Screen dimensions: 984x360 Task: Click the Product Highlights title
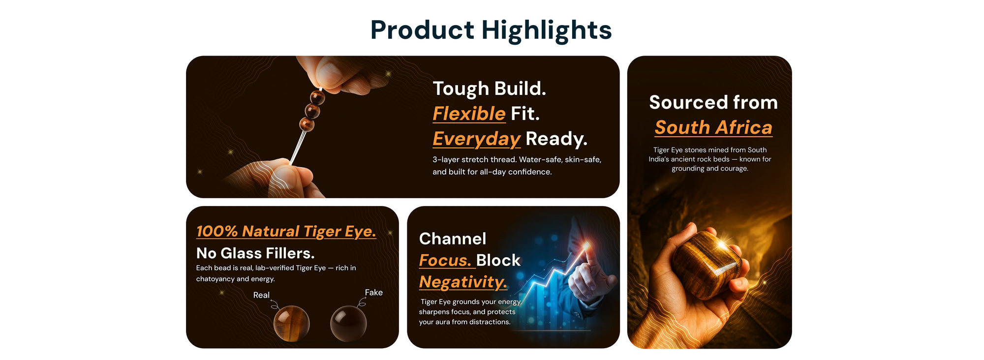[491, 30]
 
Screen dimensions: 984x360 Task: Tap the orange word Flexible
[469, 114]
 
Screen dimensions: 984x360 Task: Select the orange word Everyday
[476, 139]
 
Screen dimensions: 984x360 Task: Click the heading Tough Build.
[490, 89]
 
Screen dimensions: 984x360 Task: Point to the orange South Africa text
[713, 127]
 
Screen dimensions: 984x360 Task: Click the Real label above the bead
[261, 295]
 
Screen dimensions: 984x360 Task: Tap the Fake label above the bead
[374, 293]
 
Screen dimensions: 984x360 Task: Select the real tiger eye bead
[292, 323]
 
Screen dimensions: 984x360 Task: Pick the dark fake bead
[348, 324]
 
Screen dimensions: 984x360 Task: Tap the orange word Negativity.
[463, 282]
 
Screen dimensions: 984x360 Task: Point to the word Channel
[453, 239]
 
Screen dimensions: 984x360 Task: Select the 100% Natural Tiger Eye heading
[286, 231]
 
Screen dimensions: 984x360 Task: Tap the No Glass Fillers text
[255, 253]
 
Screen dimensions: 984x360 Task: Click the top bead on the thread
[317, 97]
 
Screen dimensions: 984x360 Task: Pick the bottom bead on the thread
[307, 124]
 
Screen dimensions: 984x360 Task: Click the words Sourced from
[713, 102]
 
